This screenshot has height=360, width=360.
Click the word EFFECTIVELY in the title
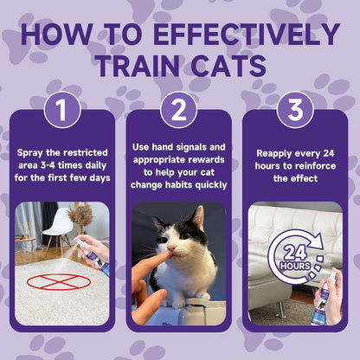point(247,34)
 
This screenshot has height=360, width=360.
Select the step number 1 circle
point(62,110)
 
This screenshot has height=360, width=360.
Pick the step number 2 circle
point(179,110)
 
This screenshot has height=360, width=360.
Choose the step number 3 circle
point(295,110)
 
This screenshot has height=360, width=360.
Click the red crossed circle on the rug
point(59,281)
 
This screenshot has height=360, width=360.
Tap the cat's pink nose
point(172,247)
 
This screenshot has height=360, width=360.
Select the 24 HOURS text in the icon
point(295,257)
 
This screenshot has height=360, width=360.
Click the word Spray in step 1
point(30,153)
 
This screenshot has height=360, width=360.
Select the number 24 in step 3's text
point(329,153)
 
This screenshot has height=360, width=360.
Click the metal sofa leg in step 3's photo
point(280,310)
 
